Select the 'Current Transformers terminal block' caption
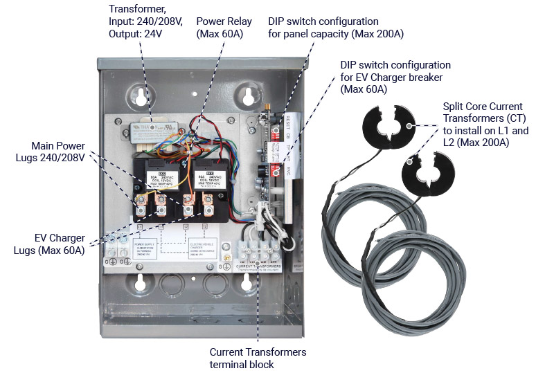pos(258,358)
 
